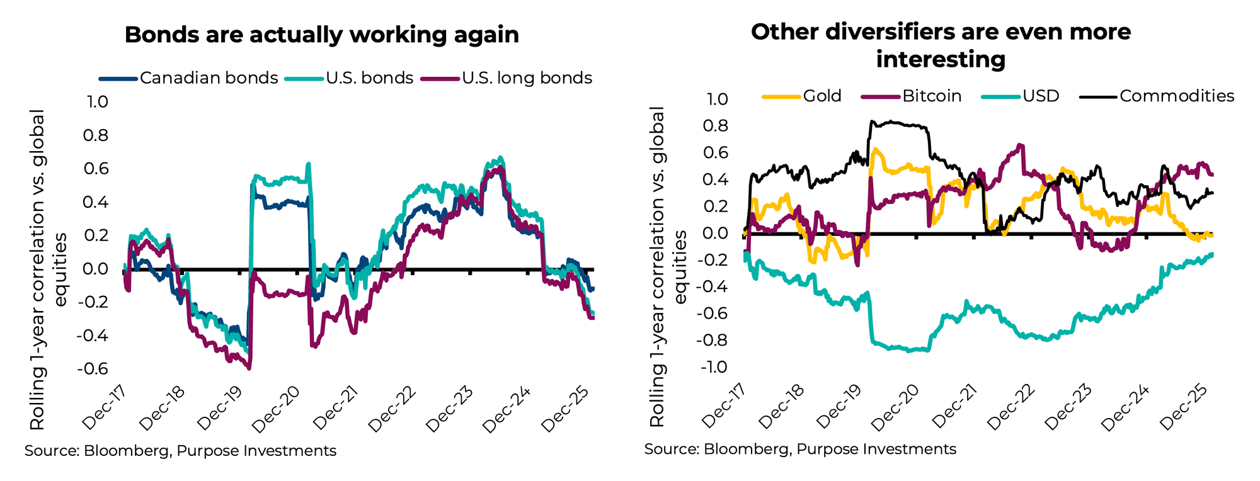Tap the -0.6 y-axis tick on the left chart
[x=92, y=368]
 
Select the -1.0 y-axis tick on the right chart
[x=713, y=367]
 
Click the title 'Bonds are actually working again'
[x=321, y=35]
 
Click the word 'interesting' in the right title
[x=940, y=60]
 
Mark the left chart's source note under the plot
[x=180, y=451]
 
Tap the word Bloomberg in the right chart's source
[x=746, y=449]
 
